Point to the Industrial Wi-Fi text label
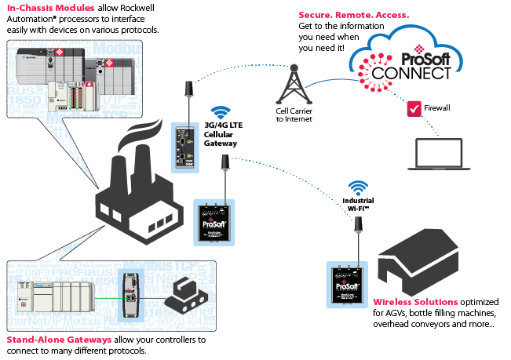358,204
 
